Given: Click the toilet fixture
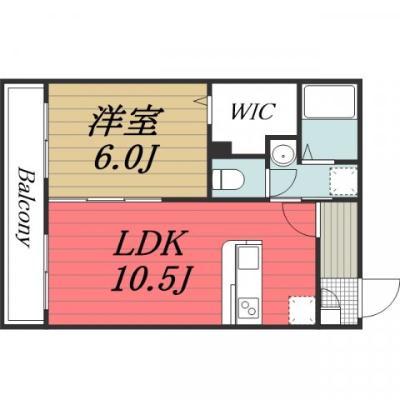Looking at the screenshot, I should point(227,179).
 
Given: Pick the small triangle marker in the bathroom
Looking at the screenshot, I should point(308,153).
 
